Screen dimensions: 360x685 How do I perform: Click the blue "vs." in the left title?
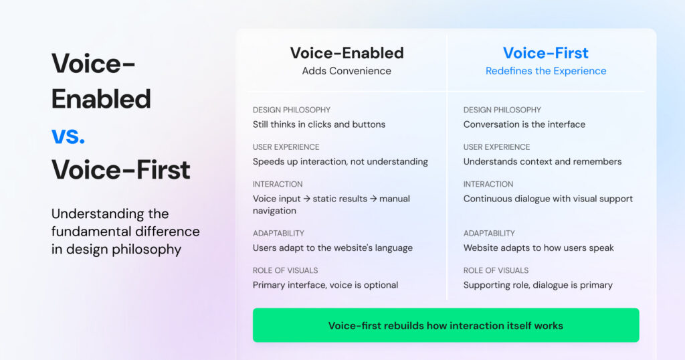(68, 135)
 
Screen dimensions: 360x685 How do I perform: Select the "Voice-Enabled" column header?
(347, 53)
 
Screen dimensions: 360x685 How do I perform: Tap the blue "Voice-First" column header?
(545, 53)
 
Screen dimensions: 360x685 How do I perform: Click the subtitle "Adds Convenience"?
(347, 71)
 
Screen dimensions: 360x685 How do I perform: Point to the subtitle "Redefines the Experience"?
(546, 71)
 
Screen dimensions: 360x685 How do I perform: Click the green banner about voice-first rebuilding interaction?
(446, 326)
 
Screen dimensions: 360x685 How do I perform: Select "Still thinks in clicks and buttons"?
(319, 124)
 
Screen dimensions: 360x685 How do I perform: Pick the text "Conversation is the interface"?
(524, 124)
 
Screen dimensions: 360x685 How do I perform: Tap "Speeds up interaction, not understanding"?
(340, 161)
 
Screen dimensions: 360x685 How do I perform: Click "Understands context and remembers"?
(543, 161)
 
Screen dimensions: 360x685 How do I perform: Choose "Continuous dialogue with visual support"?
(548, 199)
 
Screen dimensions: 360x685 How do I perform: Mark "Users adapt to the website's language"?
(332, 248)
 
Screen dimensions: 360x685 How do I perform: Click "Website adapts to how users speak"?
(539, 248)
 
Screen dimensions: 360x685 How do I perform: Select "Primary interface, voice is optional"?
(325, 285)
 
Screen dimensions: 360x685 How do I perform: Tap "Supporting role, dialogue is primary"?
(538, 285)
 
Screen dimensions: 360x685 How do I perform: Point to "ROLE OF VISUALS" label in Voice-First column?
(496, 270)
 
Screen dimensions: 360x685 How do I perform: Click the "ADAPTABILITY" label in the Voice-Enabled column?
(278, 234)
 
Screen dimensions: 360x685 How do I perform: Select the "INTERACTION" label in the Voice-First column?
(488, 184)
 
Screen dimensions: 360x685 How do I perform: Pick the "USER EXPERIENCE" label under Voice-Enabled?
(286, 147)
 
